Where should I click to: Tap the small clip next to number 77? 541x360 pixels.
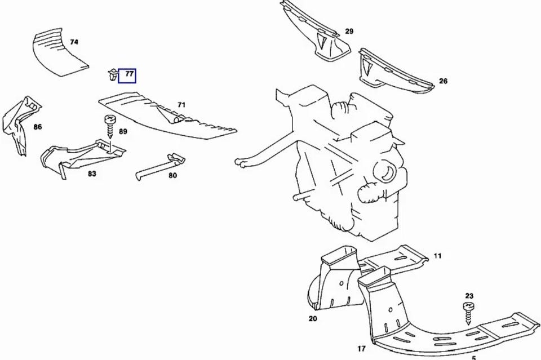112,75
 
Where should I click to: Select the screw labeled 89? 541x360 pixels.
110,126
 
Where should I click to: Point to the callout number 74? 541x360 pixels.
74,42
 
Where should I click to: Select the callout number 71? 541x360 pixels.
181,105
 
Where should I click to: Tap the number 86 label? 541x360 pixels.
38,127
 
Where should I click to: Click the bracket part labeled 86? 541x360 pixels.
21,124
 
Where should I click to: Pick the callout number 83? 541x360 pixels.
92,174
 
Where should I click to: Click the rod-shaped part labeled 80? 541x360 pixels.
159,167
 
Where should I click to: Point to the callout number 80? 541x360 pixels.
172,176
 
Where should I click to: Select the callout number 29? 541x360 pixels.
349,32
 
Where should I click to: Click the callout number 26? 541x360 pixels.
443,81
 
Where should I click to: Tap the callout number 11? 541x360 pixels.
437,256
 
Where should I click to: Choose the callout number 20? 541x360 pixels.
313,319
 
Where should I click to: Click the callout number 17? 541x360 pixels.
361,349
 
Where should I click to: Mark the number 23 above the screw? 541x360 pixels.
469,296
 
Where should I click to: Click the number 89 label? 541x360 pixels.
123,131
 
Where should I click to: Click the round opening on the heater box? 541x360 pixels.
385,171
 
